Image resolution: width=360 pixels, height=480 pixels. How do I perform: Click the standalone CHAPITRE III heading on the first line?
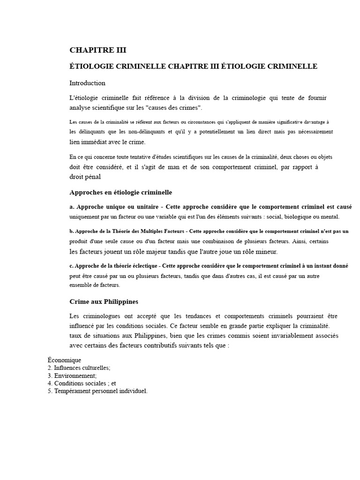[98, 51]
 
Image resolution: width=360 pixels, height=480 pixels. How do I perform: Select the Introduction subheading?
[88, 83]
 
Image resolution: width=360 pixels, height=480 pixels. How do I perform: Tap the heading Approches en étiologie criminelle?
[121, 192]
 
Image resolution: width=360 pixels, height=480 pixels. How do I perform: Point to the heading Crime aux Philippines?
[104, 301]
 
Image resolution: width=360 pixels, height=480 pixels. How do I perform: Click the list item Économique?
[64, 360]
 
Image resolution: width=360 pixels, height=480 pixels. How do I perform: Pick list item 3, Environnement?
[72, 375]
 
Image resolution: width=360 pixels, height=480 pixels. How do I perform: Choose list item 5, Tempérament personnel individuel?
[97, 390]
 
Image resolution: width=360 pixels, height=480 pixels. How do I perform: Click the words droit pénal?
[85, 177]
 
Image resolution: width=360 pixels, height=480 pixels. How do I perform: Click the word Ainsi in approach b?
[300, 241]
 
